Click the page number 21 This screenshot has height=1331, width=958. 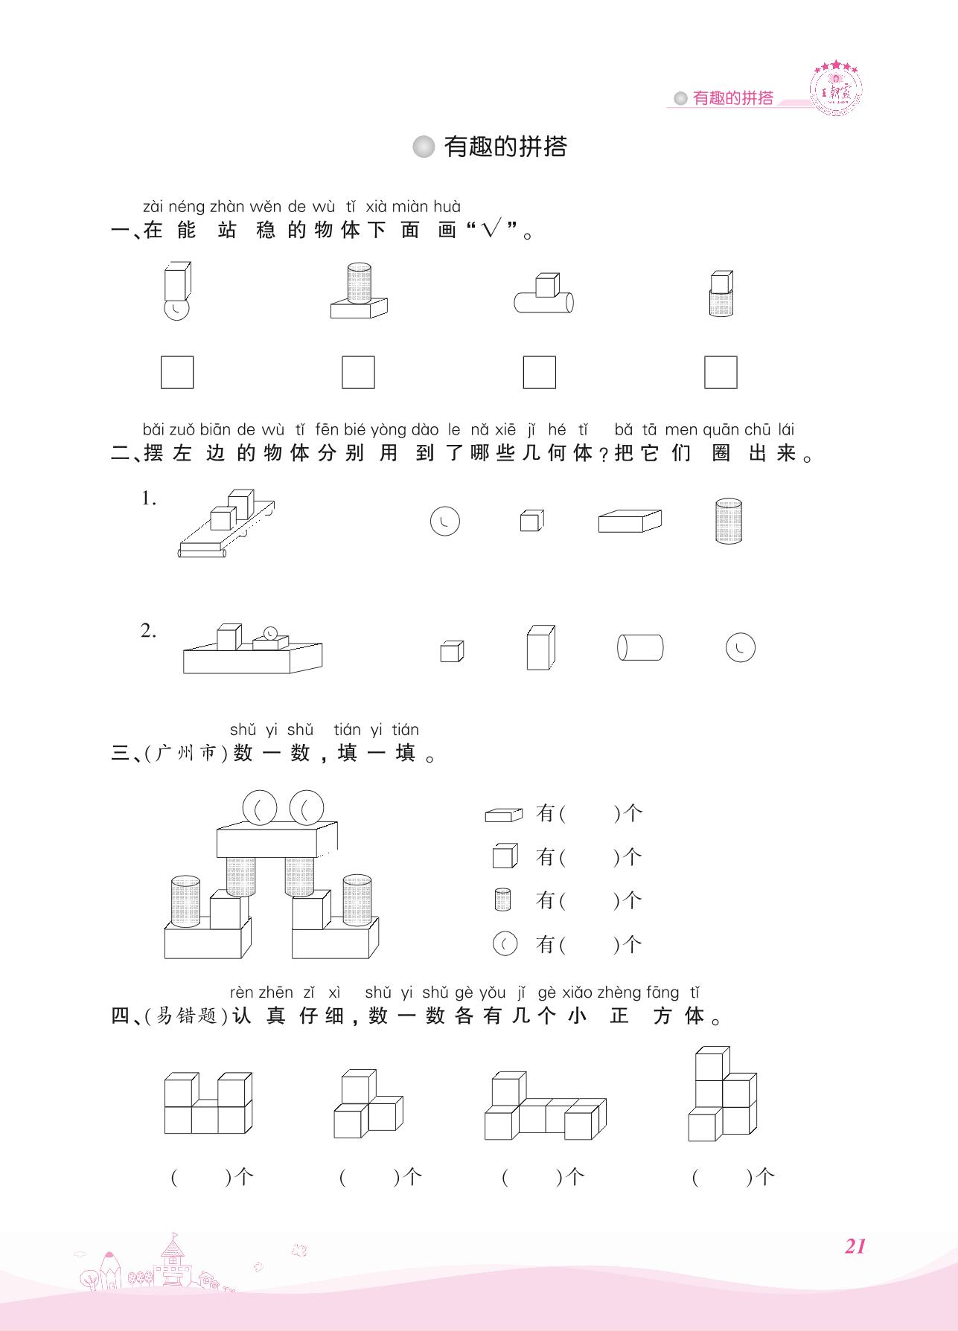coord(855,1246)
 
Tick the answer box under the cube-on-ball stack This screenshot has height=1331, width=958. coord(177,372)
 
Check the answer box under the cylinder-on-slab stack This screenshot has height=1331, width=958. coord(358,372)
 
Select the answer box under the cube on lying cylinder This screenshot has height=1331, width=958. coord(539,372)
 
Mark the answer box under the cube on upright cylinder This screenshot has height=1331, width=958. coord(721,372)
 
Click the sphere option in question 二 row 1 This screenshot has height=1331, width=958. coord(445,521)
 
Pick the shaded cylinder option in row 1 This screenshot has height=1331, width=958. coord(728,521)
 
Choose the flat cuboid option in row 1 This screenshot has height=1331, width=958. coord(630,521)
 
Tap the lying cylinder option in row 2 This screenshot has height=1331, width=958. coord(640,647)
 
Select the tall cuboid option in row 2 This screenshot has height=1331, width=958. coord(540,647)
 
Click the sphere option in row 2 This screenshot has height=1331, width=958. coord(740,647)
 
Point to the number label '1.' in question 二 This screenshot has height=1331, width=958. coord(149,499)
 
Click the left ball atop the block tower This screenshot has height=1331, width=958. coord(260,807)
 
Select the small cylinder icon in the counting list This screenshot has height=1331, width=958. coord(502,900)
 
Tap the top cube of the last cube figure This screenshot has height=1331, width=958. coord(712,1062)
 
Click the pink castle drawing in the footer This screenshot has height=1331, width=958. coord(172,1261)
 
